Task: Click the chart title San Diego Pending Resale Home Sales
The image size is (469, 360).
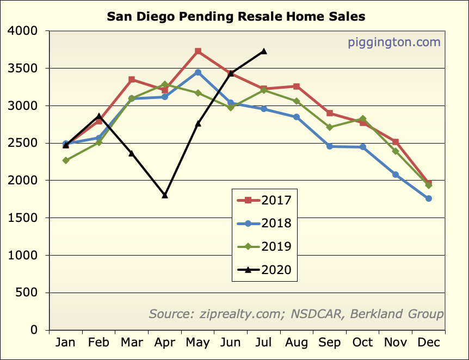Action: (236, 16)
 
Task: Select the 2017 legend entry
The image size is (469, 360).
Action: (265, 200)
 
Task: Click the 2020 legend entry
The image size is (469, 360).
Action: (265, 270)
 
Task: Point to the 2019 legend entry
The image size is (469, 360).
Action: (265, 246)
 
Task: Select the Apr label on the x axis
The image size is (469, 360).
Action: (165, 343)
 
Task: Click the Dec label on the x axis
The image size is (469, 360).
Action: (429, 343)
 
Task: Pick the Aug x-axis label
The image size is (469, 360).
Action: (297, 343)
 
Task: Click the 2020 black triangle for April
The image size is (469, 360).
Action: (165, 195)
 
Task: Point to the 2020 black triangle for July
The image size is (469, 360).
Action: (264, 51)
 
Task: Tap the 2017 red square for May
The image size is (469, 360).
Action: (198, 51)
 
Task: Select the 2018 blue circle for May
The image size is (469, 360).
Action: (198, 72)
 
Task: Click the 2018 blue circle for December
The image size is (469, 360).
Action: (429, 198)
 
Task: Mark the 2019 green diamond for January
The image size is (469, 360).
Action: (66, 160)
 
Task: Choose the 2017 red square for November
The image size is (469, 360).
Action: (396, 142)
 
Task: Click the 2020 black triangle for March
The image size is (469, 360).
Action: (132, 153)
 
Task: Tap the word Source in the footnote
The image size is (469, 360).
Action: (169, 314)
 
